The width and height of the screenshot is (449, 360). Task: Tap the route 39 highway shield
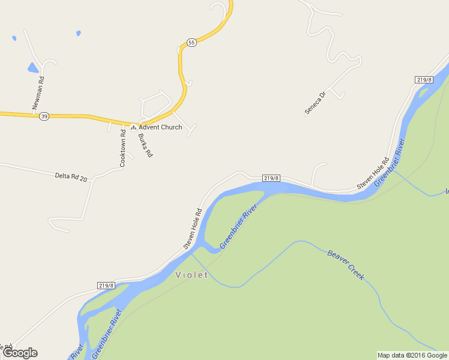[x=44, y=116]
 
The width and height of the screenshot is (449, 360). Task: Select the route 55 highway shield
[x=191, y=42]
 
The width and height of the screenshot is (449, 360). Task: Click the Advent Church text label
[x=160, y=127]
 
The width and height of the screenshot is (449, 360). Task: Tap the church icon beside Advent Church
[x=133, y=127]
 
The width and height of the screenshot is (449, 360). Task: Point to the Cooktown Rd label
[x=122, y=148]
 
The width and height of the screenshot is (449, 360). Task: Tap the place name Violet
[x=191, y=275]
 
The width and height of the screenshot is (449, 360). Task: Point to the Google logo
[x=20, y=353]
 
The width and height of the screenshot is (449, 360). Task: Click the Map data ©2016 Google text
[x=412, y=355]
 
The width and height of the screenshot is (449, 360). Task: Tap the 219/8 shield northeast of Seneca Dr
[x=424, y=80]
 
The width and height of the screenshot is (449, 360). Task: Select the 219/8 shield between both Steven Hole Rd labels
[x=271, y=178]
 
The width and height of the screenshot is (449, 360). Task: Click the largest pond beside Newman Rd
[x=33, y=67]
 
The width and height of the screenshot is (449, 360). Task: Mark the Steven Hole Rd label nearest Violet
[x=193, y=228]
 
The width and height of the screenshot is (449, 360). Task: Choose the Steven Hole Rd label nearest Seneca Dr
[x=373, y=174]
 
